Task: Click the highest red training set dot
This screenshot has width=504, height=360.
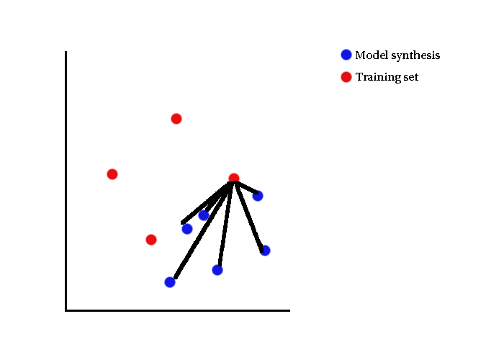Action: pyautogui.click(x=176, y=119)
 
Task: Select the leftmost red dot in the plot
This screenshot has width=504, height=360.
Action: pyautogui.click(x=112, y=174)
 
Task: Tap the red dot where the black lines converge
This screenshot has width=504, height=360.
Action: pyautogui.click(x=234, y=178)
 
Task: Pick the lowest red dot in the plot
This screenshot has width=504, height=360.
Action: pyautogui.click(x=151, y=240)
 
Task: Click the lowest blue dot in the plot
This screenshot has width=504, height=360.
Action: pyautogui.click(x=170, y=282)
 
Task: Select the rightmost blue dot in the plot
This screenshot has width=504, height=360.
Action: pyautogui.click(x=265, y=251)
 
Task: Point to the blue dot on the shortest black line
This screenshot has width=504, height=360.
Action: pyautogui.click(x=258, y=196)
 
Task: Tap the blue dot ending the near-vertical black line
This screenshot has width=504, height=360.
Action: pyautogui.click(x=217, y=270)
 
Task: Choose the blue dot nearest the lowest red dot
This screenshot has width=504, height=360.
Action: pyautogui.click(x=187, y=229)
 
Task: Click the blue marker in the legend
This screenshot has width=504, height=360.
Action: pyautogui.click(x=346, y=55)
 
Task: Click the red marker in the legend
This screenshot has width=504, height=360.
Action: pyautogui.click(x=346, y=77)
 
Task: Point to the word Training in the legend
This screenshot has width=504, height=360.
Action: pyautogui.click(x=378, y=78)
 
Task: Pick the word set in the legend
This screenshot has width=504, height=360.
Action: pyautogui.click(x=411, y=78)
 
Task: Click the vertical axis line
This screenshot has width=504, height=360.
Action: pyautogui.click(x=66, y=181)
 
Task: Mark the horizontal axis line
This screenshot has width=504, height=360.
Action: pyautogui.click(x=178, y=310)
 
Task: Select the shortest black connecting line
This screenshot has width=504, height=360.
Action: pyautogui.click(x=247, y=188)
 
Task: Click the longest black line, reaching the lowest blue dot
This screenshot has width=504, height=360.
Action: pyautogui.click(x=202, y=230)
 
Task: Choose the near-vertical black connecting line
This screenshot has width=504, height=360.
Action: pyautogui.click(x=225, y=225)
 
